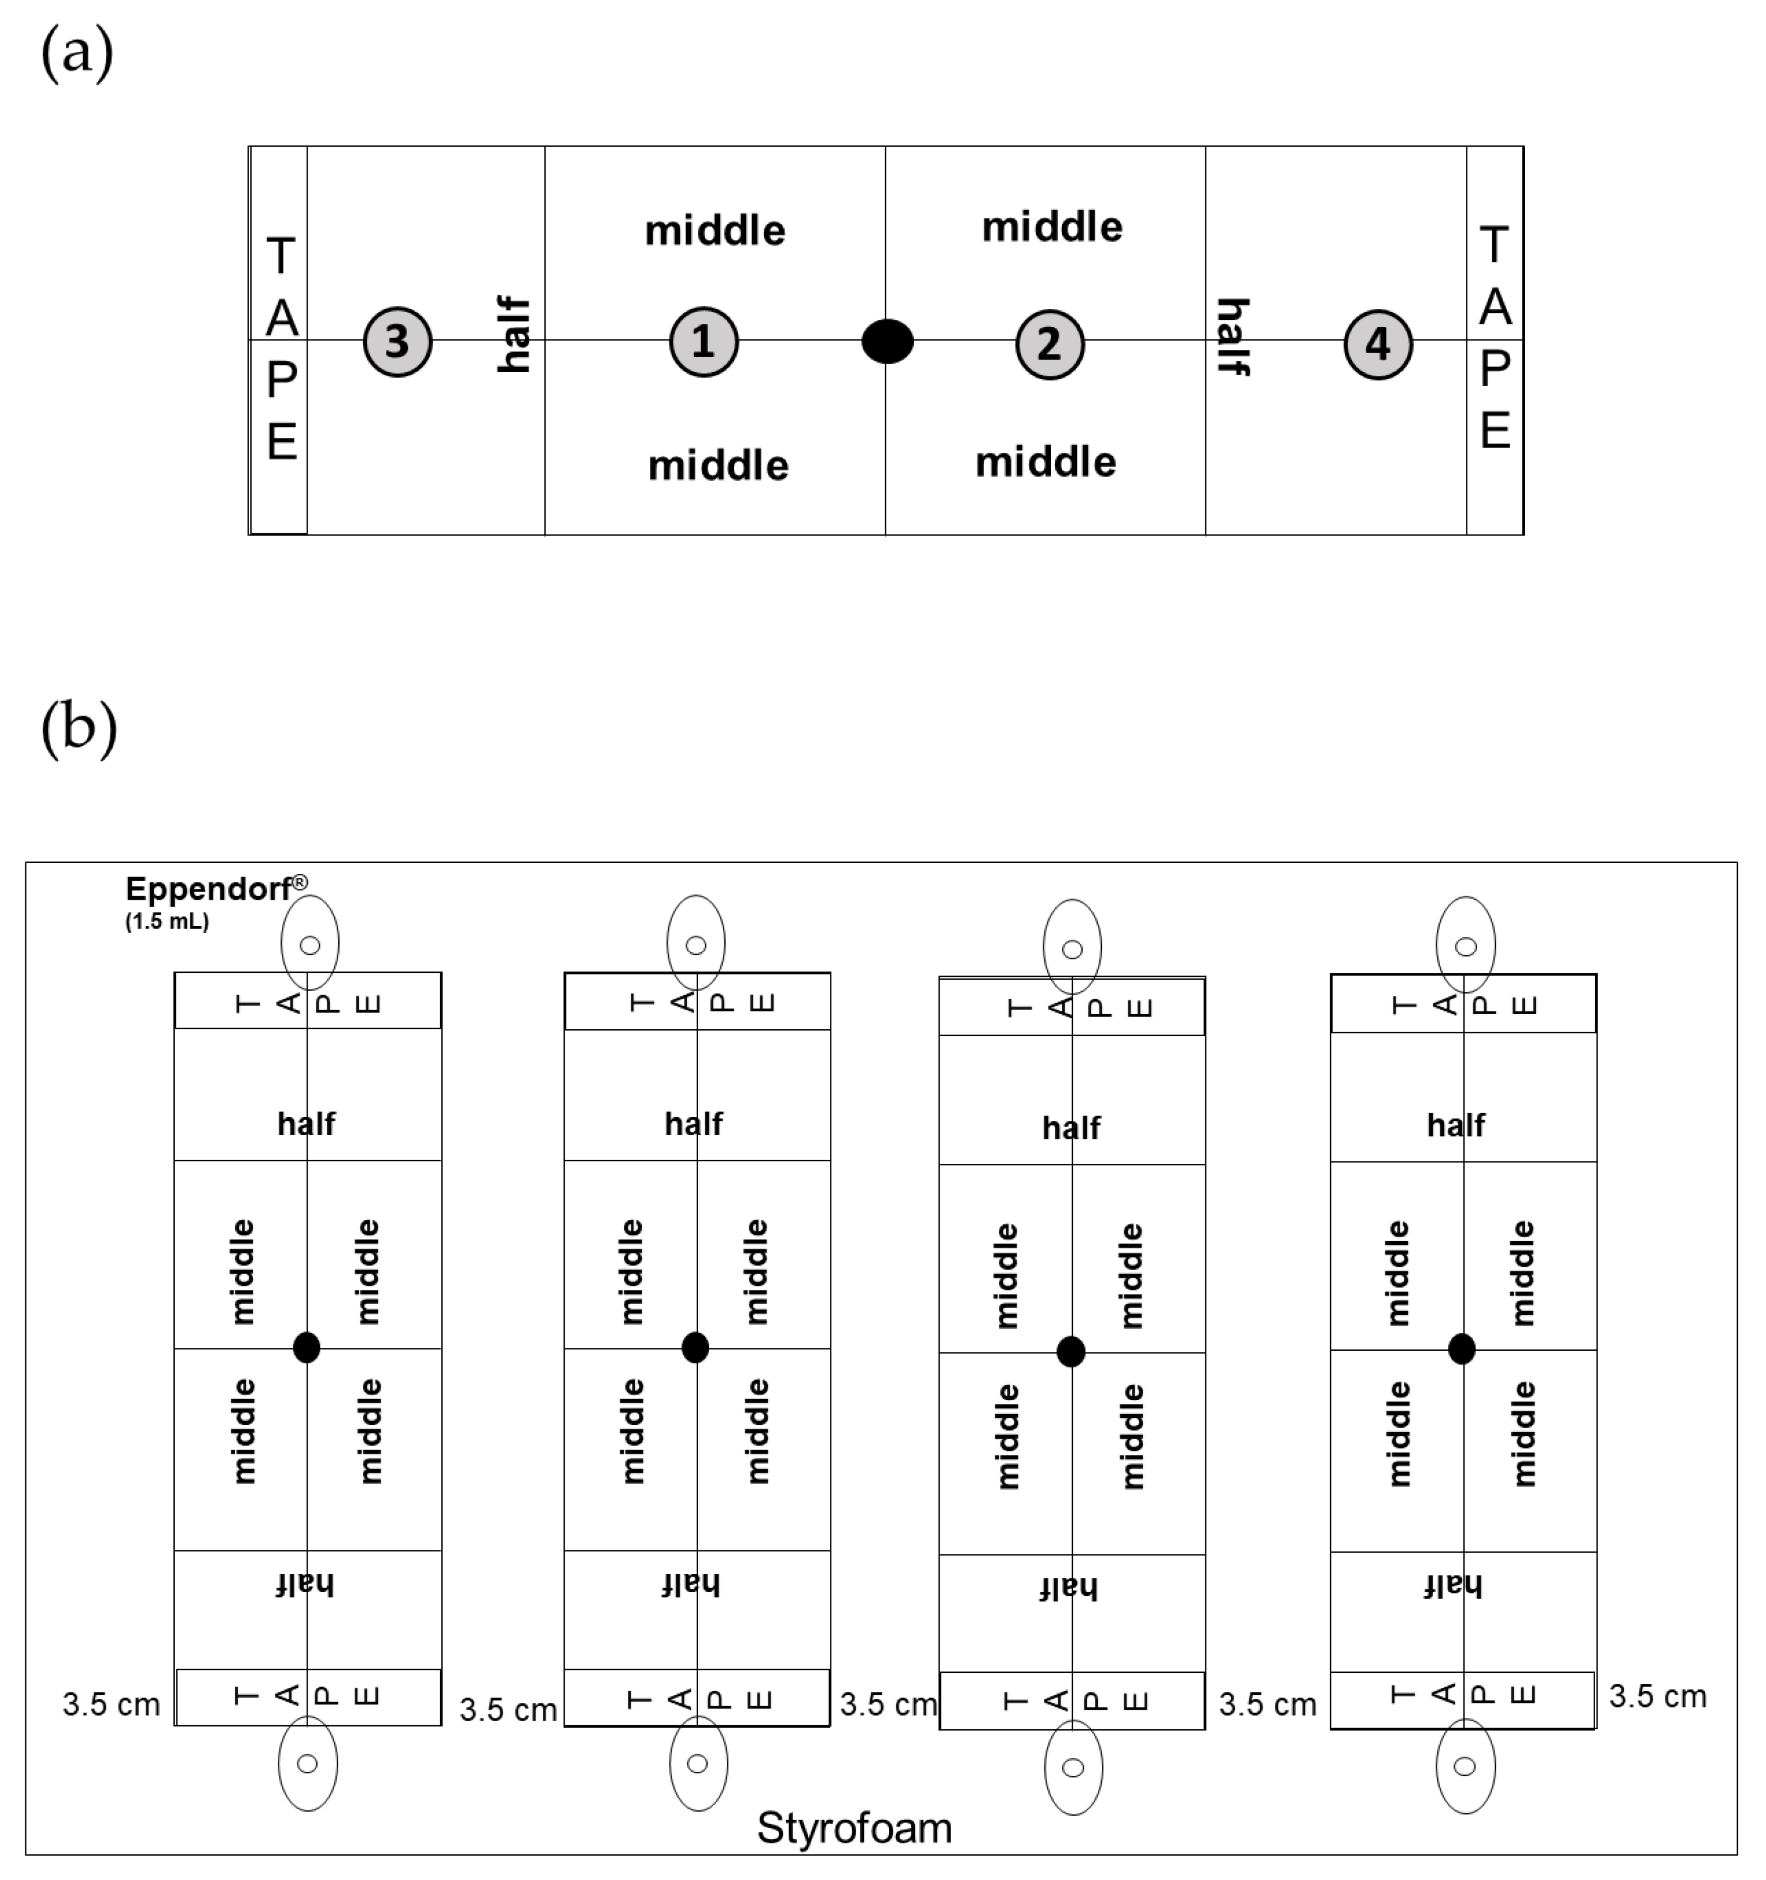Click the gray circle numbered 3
pos(397,341)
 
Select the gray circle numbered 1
pos(703,341)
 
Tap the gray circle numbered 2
pos(1049,344)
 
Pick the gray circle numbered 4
pos(1377,344)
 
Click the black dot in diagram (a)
pos(887,341)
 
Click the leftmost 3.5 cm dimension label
pos(110,1704)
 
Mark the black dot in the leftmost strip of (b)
pos(307,1348)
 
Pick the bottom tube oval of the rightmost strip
pos(1465,1766)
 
